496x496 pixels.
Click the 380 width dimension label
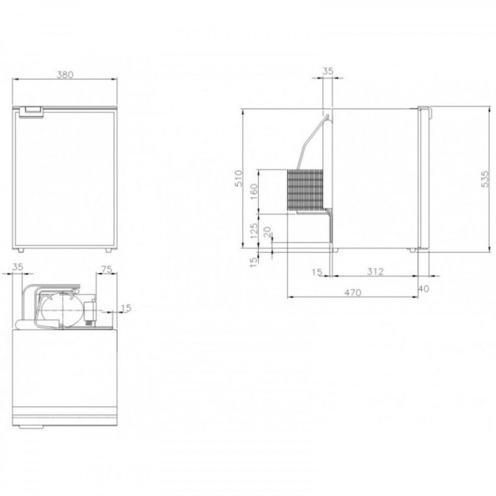point(65,74)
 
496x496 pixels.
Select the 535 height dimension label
point(485,179)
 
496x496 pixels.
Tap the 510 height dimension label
point(239,179)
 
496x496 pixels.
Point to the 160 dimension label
point(254,192)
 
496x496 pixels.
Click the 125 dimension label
point(254,231)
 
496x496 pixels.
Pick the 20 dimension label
point(267,232)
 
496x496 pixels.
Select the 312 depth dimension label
point(375,272)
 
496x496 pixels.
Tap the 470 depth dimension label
point(353,293)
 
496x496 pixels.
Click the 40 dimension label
point(424,289)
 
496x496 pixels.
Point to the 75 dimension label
point(106,269)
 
